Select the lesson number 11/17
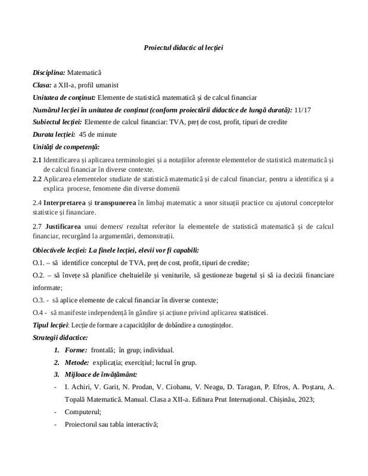pos(303,109)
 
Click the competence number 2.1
pos(37,159)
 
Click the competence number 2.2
pos(37,178)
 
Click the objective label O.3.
pos(39,299)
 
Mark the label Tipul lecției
pos(51,325)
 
